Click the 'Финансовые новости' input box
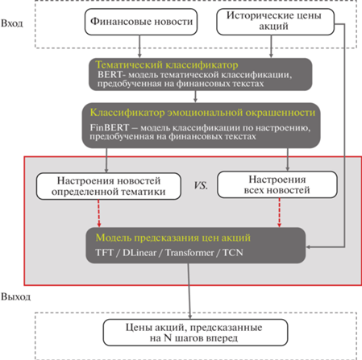[141, 22]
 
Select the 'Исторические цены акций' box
[276, 22]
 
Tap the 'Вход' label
[12, 23]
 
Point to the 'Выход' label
[15, 297]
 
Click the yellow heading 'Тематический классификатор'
[167, 65]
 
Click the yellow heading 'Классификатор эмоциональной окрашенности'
[202, 113]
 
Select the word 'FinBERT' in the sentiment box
[110, 127]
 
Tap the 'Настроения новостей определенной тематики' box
[109, 186]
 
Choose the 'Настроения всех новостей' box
[277, 184]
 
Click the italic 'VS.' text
[201, 185]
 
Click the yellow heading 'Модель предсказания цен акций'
[173, 238]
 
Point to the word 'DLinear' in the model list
[139, 253]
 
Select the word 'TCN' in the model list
[233, 253]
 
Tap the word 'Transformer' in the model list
[189, 253]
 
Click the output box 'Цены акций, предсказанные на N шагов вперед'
[195, 333]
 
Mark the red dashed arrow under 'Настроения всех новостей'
[279, 213]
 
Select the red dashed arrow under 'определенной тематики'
[99, 213]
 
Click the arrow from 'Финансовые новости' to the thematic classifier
[139, 46]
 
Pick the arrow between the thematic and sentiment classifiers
[195, 97]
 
